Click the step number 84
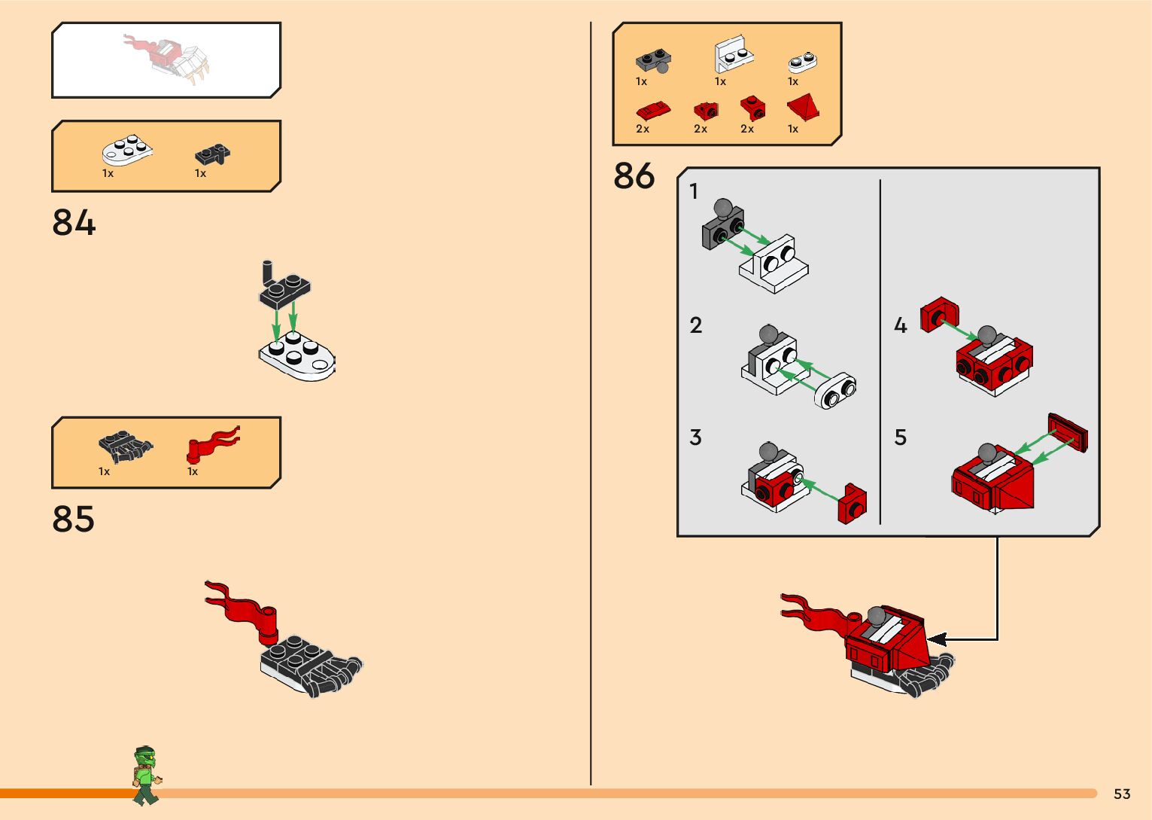pyautogui.click(x=74, y=222)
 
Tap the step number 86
pyautogui.click(x=634, y=175)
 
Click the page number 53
pyautogui.click(x=1122, y=794)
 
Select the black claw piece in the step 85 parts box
pyautogui.click(x=125, y=447)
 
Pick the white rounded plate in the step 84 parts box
pyautogui.click(x=127, y=151)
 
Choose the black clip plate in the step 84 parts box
pyautogui.click(x=212, y=154)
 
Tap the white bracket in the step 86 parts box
pyautogui.click(x=734, y=54)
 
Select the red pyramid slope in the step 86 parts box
pyautogui.click(x=803, y=107)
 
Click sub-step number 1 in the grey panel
pyautogui.click(x=694, y=191)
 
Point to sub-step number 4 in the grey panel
pyautogui.click(x=901, y=325)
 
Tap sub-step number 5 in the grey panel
pyautogui.click(x=900, y=437)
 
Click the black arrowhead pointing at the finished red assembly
pyautogui.click(x=936, y=639)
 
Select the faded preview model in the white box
pyautogui.click(x=167, y=59)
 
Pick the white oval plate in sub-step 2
pyautogui.click(x=834, y=390)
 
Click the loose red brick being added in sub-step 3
pyautogui.click(x=853, y=504)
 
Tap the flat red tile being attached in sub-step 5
pyautogui.click(x=1068, y=432)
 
